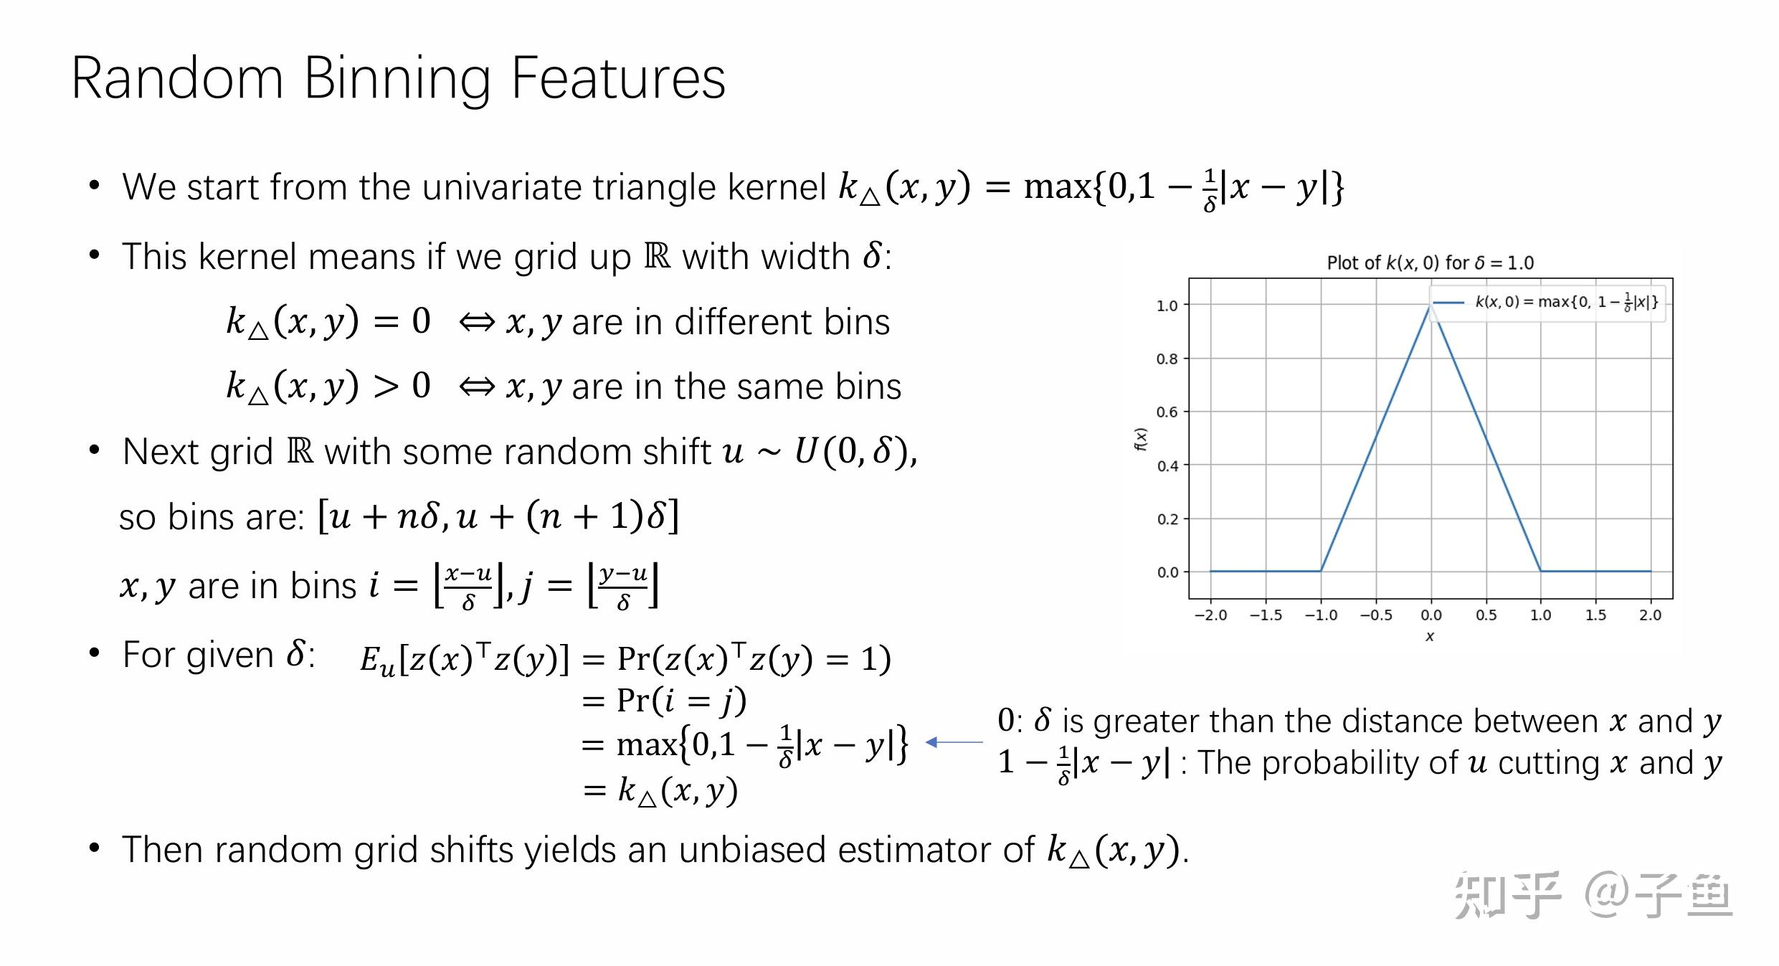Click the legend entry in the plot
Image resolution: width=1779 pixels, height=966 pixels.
click(1548, 302)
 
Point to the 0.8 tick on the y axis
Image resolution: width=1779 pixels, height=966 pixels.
click(1167, 359)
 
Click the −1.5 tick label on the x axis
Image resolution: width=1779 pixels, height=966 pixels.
click(1266, 615)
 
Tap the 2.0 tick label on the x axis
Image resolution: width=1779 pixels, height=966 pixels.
click(1650, 615)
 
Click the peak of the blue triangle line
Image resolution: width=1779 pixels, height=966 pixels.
click(1431, 305)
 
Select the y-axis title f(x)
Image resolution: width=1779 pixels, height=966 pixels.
click(1140, 439)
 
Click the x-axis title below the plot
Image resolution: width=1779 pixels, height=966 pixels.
click(1430, 637)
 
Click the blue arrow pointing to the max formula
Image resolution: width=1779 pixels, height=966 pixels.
click(954, 742)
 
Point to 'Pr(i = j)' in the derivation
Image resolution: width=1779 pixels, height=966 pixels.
click(681, 701)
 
